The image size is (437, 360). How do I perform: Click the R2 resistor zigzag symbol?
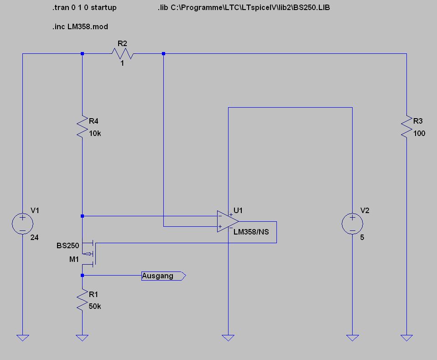click(123, 53)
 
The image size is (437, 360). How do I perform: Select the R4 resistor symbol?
click(82, 126)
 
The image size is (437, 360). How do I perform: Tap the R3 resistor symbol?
click(406, 126)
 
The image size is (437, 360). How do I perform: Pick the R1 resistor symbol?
click(82, 300)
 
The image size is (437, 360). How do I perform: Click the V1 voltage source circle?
click(22, 224)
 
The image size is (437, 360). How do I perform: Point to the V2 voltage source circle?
click(352, 224)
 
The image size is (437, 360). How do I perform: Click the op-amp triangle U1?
click(228, 221)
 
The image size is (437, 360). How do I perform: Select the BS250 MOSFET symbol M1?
click(89, 253)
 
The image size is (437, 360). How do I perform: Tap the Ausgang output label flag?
click(164, 276)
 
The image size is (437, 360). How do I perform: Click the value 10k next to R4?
click(95, 134)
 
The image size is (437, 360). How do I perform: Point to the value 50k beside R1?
click(95, 307)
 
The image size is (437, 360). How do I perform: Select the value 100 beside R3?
click(419, 134)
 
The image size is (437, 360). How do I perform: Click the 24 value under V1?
click(34, 238)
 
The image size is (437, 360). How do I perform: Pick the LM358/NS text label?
click(251, 232)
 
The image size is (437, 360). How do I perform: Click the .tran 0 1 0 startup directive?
click(84, 8)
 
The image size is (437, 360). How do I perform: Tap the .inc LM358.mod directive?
click(80, 27)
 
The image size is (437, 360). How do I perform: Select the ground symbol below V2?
click(352, 338)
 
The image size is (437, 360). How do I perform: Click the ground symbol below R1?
click(82, 338)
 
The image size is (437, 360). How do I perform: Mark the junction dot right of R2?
click(164, 53)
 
